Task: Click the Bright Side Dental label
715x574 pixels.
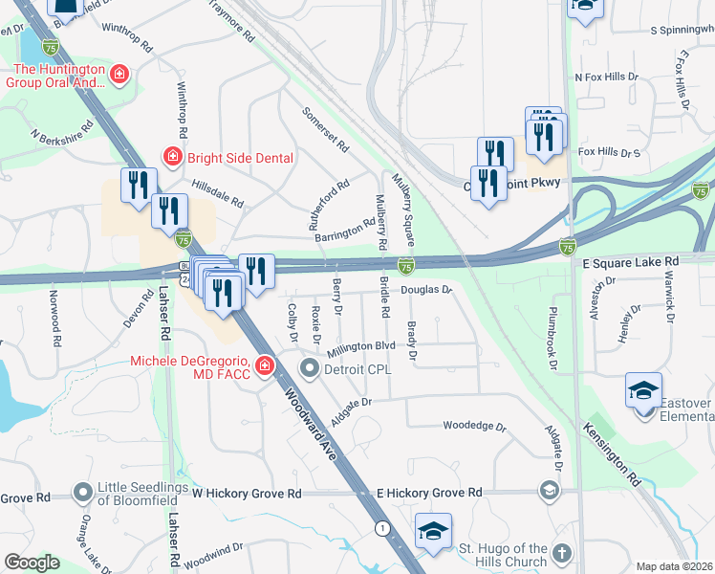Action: [x=240, y=157]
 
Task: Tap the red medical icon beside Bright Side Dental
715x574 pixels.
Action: [x=173, y=156]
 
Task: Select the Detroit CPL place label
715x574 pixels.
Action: [x=360, y=367]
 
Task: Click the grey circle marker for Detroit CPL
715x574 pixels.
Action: [x=309, y=367]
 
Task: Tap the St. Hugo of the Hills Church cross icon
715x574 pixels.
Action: [x=562, y=554]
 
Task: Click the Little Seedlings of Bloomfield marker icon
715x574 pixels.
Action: [x=83, y=494]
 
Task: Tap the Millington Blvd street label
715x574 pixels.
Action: [x=361, y=346]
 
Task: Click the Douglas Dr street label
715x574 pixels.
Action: [x=425, y=289]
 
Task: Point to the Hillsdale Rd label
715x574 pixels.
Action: [x=217, y=195]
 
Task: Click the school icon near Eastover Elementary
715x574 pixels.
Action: [x=643, y=390]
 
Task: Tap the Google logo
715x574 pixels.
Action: [x=32, y=563]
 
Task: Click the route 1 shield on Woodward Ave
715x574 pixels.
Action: [x=382, y=528]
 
